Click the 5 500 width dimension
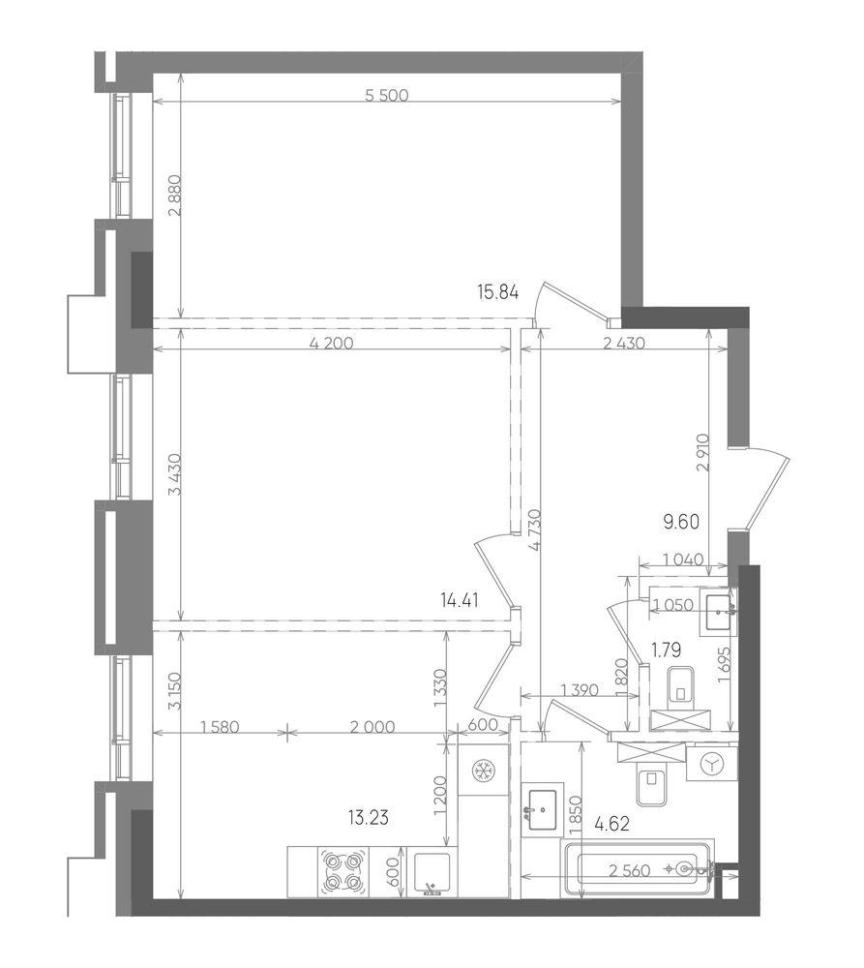[387, 95]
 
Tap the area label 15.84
[498, 291]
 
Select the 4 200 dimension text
[332, 344]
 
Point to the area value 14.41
[460, 599]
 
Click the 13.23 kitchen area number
[368, 818]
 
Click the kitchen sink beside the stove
[432, 872]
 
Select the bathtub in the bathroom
[637, 868]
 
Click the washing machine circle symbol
[711, 764]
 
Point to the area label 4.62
[611, 824]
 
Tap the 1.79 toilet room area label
[667, 650]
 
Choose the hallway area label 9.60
[681, 523]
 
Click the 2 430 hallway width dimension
[623, 344]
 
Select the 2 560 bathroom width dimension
[630, 871]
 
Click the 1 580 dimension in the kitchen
[220, 727]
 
